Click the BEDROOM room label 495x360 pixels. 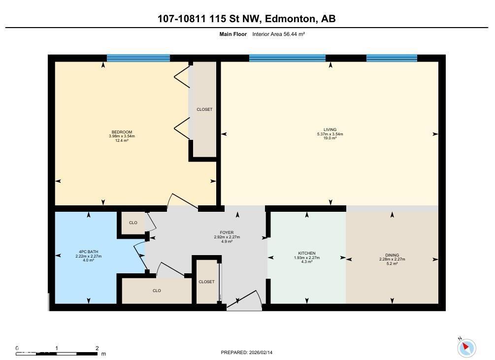(122, 131)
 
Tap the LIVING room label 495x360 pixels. (330, 130)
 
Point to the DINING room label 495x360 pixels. (392, 255)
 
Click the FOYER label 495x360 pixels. (227, 232)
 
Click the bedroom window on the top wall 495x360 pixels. (138, 58)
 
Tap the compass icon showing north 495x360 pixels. (466, 348)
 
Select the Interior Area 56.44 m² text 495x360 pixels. (279, 34)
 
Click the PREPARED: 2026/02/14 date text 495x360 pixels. (247, 352)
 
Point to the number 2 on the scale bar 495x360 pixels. (97, 348)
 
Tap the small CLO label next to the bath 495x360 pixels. (133, 223)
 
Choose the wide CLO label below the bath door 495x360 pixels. (157, 291)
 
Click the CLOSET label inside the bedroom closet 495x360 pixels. (204, 109)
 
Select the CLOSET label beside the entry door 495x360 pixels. (206, 282)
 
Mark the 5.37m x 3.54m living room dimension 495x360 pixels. (330, 134)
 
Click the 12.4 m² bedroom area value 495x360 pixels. (122, 140)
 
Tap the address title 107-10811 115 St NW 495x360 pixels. (210, 19)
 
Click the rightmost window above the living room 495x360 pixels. (392, 58)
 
